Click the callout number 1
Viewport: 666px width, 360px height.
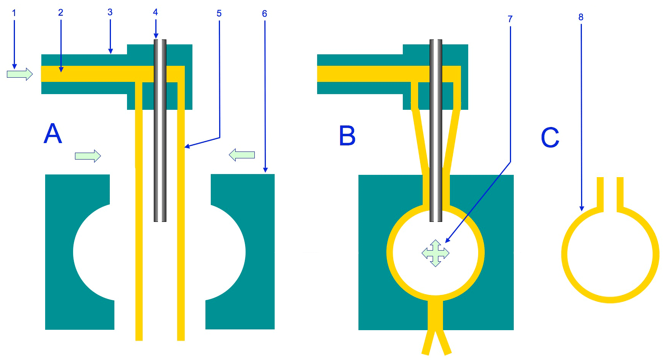14,13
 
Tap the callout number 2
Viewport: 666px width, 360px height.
60,13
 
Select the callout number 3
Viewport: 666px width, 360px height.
110,12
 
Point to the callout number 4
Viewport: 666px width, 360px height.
155,12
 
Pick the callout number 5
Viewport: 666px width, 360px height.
219,13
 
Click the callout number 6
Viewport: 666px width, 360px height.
264,14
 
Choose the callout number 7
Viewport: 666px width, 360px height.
510,19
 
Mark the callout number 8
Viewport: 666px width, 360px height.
581,17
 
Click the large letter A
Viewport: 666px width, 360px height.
53,134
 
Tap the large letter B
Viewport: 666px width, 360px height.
347,136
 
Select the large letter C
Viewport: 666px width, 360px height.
550,138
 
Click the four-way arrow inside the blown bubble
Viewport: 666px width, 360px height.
435,253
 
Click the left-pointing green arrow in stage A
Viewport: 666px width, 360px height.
242,155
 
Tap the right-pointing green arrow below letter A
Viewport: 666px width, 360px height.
88,156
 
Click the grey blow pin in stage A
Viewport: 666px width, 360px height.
160,153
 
